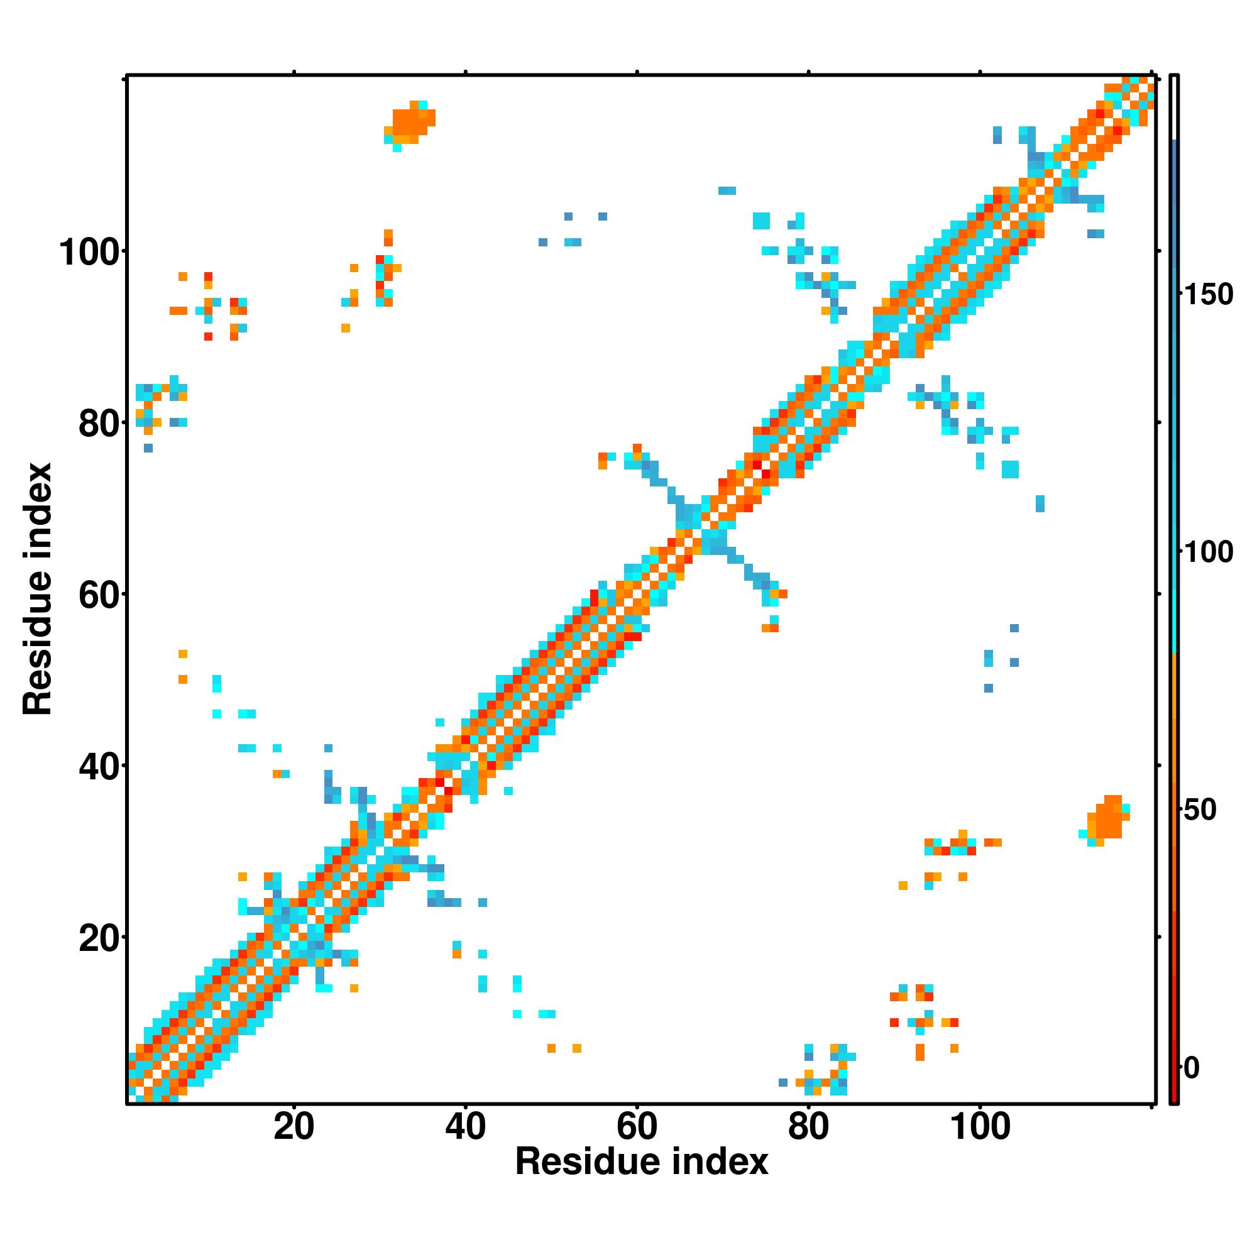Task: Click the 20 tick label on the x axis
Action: pyautogui.click(x=294, y=1126)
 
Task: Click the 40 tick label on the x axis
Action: pyautogui.click(x=465, y=1126)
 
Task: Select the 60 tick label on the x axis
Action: pyautogui.click(x=636, y=1126)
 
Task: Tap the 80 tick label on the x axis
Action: pyautogui.click(x=808, y=1126)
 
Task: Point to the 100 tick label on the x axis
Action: pyautogui.click(x=980, y=1126)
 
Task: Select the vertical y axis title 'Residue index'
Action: pyautogui.click(x=37, y=589)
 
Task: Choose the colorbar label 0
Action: pyautogui.click(x=1192, y=1068)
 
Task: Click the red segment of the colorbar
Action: pyautogui.click(x=1175, y=1041)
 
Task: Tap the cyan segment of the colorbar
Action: pyautogui.click(x=1175, y=586)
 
